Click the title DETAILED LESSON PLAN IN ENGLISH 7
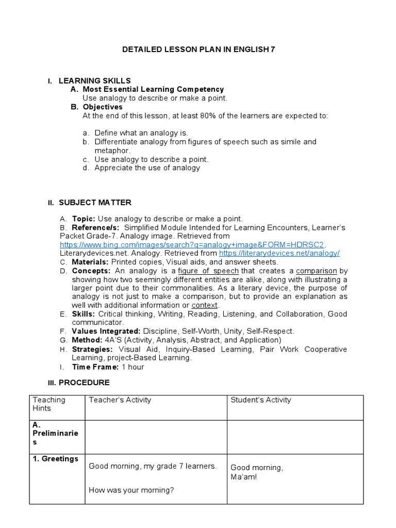point(198,49)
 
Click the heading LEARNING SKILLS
point(94,80)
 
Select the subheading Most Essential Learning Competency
point(153,89)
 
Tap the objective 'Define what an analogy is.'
point(141,133)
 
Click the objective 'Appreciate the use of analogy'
point(147,168)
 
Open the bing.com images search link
point(193,244)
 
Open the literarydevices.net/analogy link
point(279,253)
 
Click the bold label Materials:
point(90,262)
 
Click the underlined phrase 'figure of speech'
point(208,271)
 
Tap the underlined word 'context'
point(204,305)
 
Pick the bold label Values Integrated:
point(106,332)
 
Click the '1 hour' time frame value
point(133,367)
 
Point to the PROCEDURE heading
point(84,383)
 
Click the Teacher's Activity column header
point(120,400)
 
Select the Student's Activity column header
point(260,400)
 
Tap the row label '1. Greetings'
point(55,459)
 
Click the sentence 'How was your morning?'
point(131,490)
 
